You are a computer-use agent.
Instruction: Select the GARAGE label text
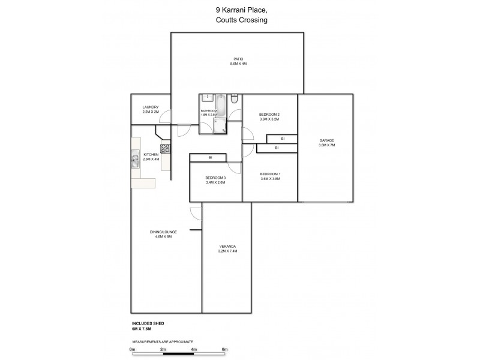[x=326, y=140]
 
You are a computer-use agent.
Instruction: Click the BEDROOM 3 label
[x=215, y=178]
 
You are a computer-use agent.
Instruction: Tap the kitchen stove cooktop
[x=166, y=148]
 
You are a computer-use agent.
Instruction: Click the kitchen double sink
[x=136, y=160]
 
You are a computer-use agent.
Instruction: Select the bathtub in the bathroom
[x=221, y=105]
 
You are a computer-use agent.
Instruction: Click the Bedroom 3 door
[x=234, y=169]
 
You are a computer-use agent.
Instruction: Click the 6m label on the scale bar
[x=225, y=349]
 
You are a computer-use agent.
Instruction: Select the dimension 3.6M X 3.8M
[x=270, y=178]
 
